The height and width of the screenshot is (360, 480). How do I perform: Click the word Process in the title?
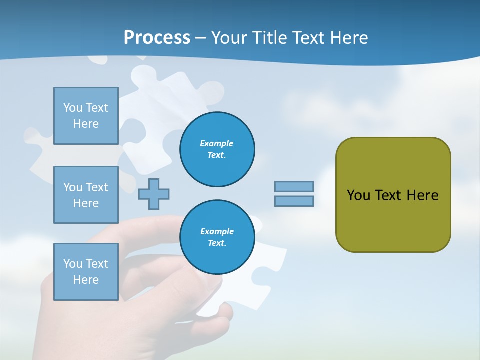(x=157, y=37)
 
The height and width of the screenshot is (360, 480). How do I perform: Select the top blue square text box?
(x=86, y=116)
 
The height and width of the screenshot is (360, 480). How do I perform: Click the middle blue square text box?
(x=86, y=195)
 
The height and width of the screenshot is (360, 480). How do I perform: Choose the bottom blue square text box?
(x=86, y=272)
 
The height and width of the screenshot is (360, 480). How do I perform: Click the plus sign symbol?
(x=154, y=194)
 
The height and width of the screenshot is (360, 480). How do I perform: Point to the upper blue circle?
(x=217, y=149)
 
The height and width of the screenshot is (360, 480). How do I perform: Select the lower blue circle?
(x=217, y=237)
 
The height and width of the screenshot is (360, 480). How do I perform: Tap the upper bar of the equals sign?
(x=294, y=186)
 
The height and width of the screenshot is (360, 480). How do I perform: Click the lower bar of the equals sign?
(x=294, y=201)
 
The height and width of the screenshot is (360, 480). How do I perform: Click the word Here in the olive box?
(x=422, y=195)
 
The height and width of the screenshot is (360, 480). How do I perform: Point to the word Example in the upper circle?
(x=217, y=143)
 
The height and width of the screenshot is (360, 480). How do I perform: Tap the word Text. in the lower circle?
(x=217, y=243)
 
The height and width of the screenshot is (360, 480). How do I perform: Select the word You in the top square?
(x=73, y=108)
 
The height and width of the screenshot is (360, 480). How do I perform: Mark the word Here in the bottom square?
(x=86, y=280)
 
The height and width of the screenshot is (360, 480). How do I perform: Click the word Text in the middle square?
(x=97, y=187)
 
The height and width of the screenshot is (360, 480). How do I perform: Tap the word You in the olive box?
(x=358, y=195)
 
